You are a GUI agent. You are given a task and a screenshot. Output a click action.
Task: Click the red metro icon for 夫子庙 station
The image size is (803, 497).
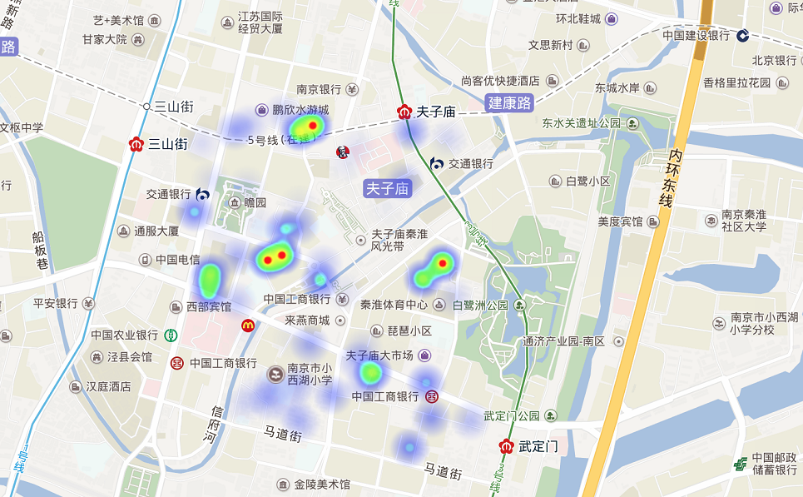(x=404, y=112)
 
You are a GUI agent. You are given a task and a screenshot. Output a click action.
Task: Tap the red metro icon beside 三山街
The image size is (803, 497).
(x=137, y=144)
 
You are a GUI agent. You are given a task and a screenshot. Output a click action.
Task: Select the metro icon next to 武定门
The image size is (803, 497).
(x=506, y=445)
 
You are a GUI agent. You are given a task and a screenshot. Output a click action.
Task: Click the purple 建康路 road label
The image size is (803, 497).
(x=508, y=103)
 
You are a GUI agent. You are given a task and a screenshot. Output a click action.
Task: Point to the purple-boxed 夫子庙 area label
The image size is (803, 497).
(x=388, y=189)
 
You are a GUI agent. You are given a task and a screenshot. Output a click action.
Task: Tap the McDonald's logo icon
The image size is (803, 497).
(x=247, y=325)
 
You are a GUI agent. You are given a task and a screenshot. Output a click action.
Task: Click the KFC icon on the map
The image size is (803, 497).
(x=341, y=152)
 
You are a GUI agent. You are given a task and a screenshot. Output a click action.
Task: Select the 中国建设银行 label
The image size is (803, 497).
(x=696, y=35)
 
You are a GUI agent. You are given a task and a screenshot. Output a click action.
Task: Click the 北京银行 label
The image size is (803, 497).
(x=774, y=60)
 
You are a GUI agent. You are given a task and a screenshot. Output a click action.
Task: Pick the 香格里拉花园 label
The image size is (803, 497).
(x=737, y=82)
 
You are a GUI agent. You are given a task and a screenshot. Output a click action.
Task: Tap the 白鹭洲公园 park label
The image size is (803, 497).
(x=479, y=306)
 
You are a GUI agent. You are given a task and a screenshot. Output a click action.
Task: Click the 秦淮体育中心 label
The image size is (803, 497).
(x=394, y=306)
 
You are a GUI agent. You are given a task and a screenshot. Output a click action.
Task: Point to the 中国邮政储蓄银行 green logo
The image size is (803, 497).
(x=740, y=465)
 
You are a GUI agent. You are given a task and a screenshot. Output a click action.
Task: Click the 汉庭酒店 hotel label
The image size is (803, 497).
(x=109, y=387)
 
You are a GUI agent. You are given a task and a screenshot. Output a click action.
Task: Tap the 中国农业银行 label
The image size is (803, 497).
(x=125, y=335)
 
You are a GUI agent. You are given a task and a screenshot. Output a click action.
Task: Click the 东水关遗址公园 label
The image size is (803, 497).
(x=582, y=123)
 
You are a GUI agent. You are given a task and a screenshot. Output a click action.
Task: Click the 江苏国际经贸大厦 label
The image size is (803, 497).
(x=260, y=22)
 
